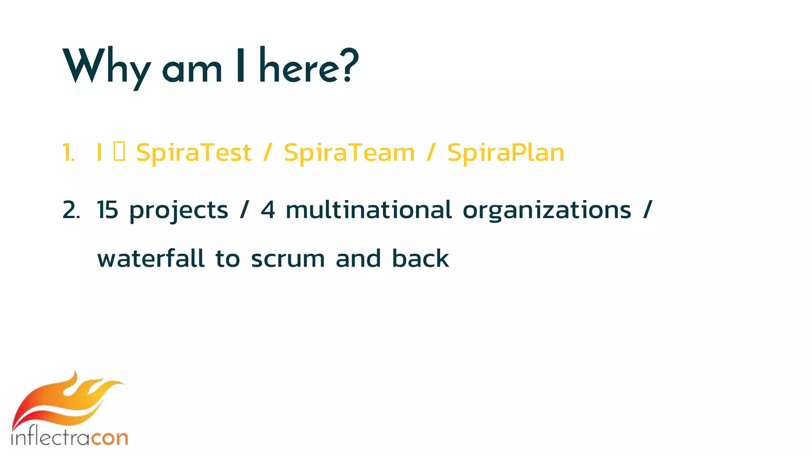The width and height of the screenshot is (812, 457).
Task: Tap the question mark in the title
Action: [x=350, y=65]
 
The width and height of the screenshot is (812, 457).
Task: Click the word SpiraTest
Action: [x=193, y=153]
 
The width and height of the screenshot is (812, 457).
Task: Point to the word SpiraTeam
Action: [x=349, y=153]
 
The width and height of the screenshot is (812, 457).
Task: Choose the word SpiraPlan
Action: [x=506, y=153]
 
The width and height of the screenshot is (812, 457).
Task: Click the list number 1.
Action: [x=69, y=153]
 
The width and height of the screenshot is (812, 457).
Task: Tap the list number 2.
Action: [x=71, y=210]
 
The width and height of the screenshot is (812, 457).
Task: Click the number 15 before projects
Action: [x=107, y=210]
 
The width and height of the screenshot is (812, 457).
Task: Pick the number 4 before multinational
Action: [x=268, y=210]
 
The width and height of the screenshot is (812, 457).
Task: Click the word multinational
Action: [x=368, y=210]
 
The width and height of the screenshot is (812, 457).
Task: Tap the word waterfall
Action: [x=151, y=258]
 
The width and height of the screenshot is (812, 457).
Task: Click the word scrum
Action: [x=288, y=259]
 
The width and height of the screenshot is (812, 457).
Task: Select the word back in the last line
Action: [x=420, y=258]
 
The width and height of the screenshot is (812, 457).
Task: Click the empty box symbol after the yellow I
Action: [x=119, y=152]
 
